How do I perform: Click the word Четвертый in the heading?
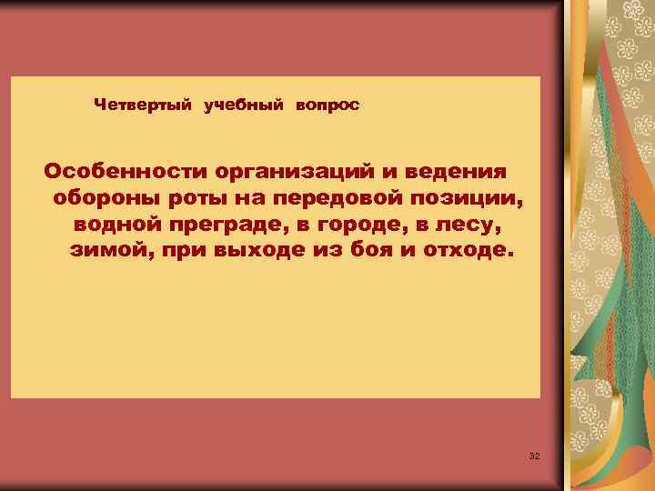tap(143, 105)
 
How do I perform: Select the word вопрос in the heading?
tap(326, 105)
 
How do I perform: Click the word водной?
tap(119, 223)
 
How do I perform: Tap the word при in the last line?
tap(182, 249)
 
